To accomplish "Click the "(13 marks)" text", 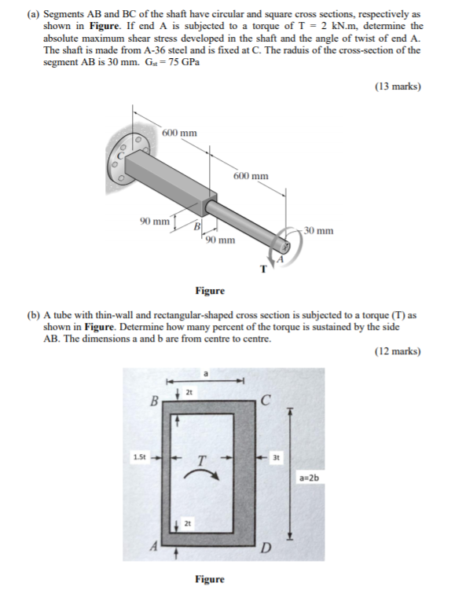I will (x=397, y=87).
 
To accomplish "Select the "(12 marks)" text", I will (x=397, y=351).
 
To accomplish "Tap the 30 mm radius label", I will (x=318, y=231).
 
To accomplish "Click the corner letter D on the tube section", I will (x=265, y=548).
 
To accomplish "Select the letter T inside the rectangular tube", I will (x=202, y=460).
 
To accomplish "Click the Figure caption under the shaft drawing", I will (x=210, y=291).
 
